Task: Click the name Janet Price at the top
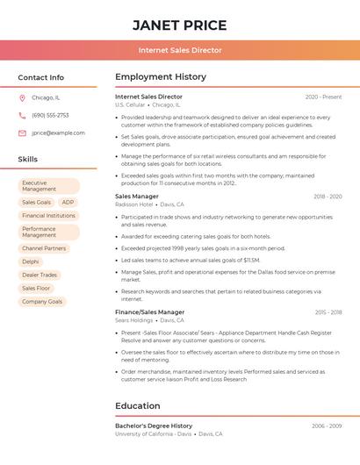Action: [x=179, y=25]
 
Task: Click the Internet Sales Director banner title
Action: [x=180, y=50]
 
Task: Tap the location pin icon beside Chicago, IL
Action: [x=22, y=97]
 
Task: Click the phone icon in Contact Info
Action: [x=22, y=115]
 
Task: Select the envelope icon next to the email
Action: [x=22, y=132]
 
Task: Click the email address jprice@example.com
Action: [x=58, y=132]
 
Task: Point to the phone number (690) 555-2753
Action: [x=50, y=115]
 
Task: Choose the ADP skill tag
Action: [x=68, y=202]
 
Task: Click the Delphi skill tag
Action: [x=31, y=261]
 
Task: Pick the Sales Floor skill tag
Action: [x=37, y=288]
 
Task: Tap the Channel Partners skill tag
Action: [x=44, y=248]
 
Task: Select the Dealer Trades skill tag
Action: [x=40, y=275]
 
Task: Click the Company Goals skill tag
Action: [x=42, y=301]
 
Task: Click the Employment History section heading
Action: [x=161, y=77]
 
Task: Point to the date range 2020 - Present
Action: [x=323, y=97]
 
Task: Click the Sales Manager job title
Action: [x=137, y=197]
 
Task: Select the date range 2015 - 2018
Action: [x=328, y=312]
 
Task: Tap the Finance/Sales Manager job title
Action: [x=150, y=312]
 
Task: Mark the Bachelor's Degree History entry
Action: [x=154, y=426]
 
